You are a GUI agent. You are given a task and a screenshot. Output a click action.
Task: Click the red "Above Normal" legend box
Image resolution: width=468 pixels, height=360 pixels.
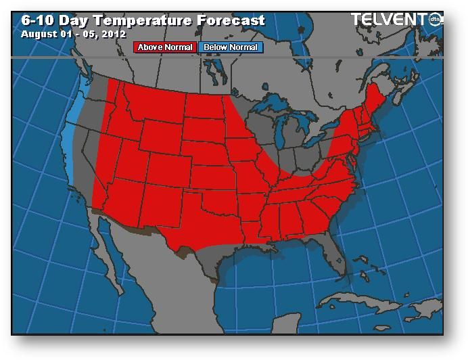[166, 47]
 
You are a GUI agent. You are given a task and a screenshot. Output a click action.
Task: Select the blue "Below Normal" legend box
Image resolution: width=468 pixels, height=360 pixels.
[229, 47]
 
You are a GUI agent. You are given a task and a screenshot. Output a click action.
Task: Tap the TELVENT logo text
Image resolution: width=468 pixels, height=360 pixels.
[392, 20]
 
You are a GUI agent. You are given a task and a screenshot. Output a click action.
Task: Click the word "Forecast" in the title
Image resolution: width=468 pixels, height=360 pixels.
[230, 20]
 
